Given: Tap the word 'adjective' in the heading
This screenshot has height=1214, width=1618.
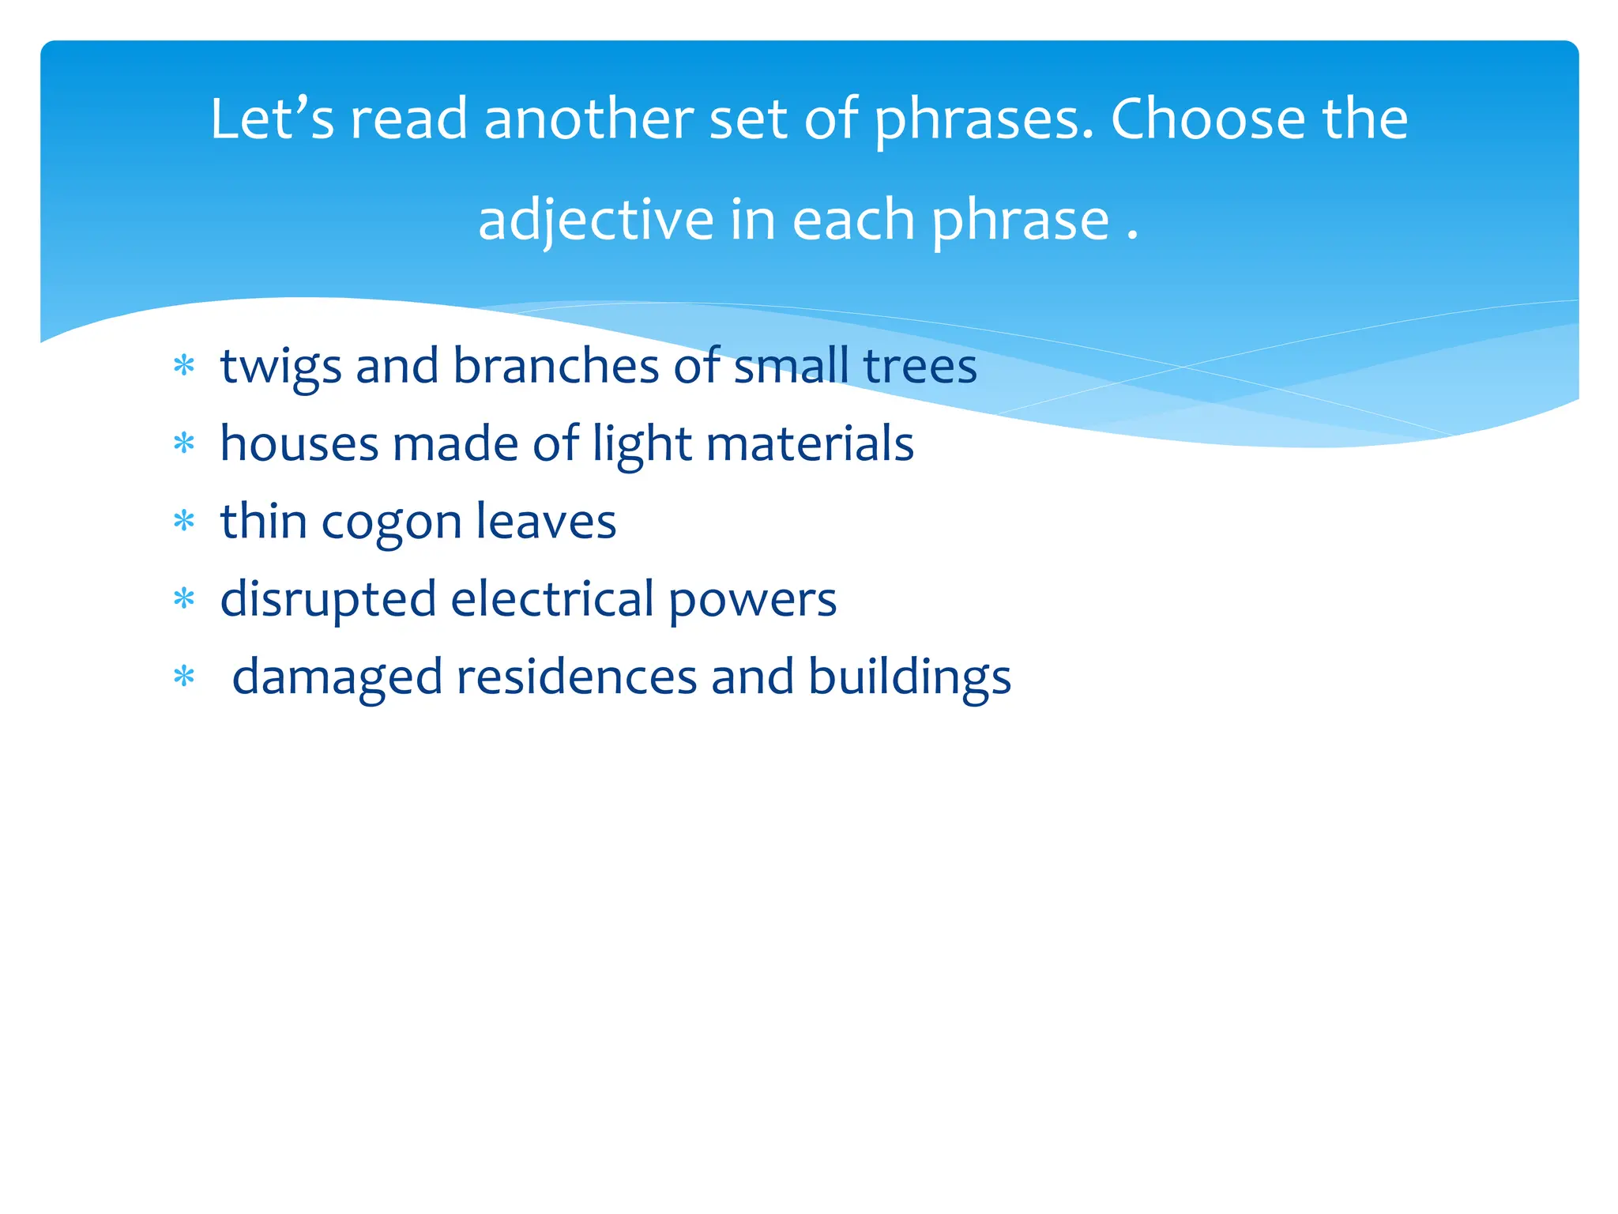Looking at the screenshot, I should [x=595, y=221].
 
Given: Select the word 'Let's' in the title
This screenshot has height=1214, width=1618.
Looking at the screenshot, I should [x=272, y=119].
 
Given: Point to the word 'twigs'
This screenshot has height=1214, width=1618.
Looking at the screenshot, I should [x=280, y=368].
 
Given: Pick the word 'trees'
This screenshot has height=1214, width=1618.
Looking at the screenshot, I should [x=920, y=368].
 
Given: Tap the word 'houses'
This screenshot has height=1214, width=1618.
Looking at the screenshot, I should [x=299, y=443].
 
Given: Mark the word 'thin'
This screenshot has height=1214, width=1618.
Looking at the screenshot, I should [x=263, y=521].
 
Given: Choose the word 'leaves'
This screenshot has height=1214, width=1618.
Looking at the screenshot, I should [x=546, y=521].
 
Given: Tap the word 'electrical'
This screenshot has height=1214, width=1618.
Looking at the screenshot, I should [x=552, y=598].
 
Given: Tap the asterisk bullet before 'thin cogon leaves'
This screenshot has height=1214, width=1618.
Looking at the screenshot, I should [x=184, y=522].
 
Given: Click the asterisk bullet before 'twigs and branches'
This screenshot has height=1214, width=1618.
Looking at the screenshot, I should [x=184, y=366].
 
